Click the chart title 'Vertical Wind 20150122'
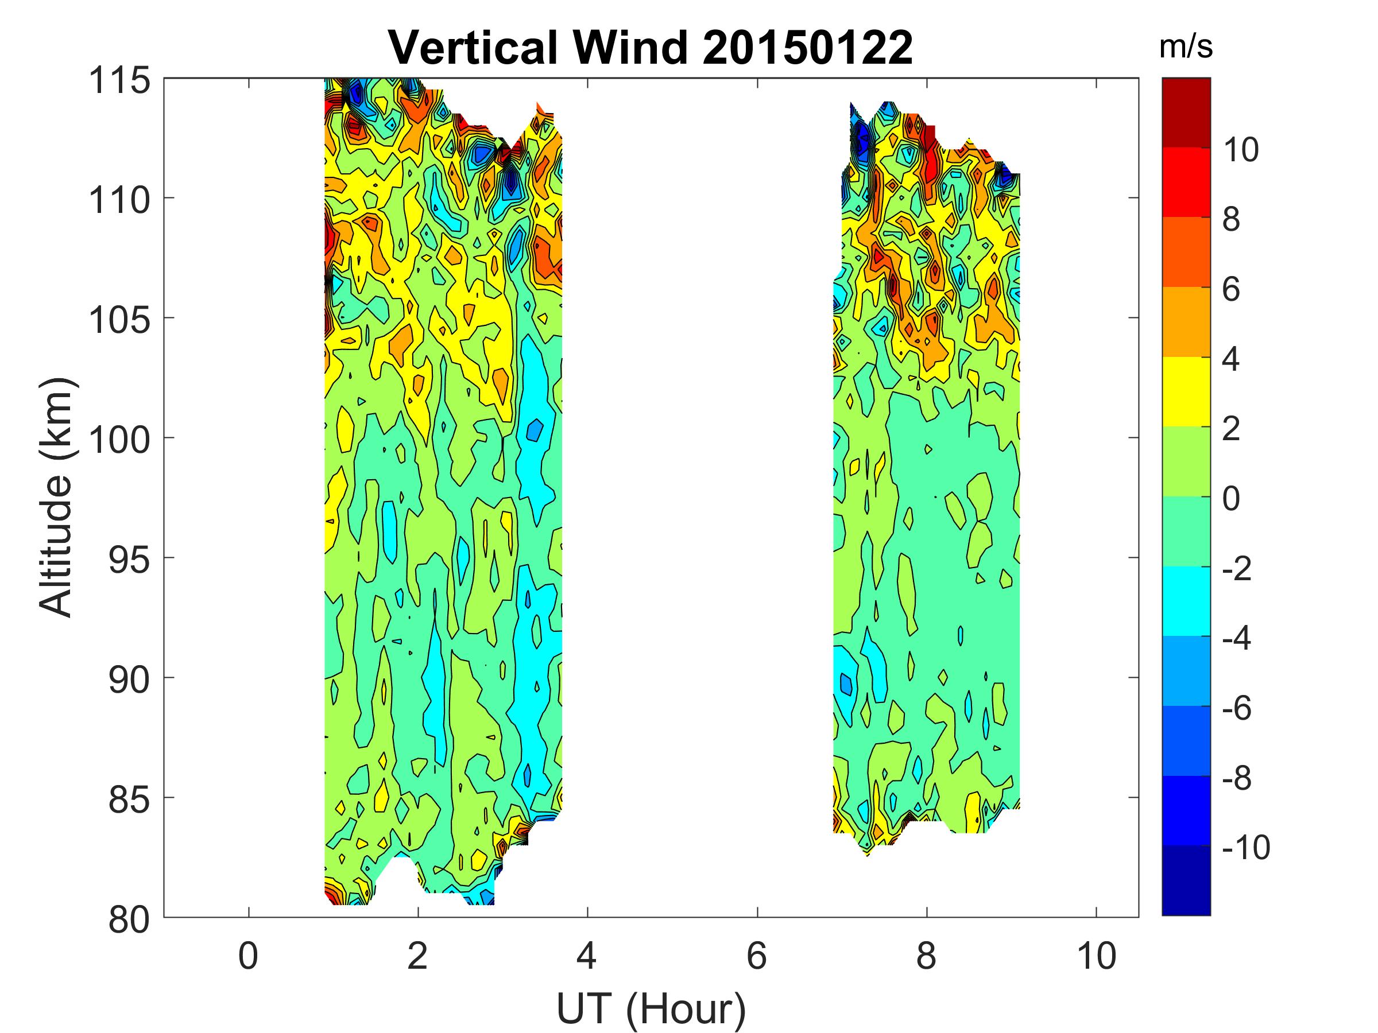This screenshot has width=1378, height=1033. coord(651,47)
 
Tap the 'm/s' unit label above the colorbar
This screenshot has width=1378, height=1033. coord(1186,47)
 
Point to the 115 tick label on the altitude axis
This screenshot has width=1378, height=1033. coord(119,81)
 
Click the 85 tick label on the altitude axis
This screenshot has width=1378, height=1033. coord(129,800)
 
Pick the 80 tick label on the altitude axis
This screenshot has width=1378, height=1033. coord(129,920)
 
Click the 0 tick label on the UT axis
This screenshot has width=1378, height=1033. coord(249,955)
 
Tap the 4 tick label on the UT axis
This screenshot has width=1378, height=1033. coord(587,955)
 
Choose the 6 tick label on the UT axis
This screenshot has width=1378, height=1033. coord(757,955)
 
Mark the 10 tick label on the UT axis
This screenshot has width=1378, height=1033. coord(1097,955)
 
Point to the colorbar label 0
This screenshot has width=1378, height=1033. coord(1231,499)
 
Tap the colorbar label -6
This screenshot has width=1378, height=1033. coord(1237,708)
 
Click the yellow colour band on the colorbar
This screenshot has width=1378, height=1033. coord(1186,391)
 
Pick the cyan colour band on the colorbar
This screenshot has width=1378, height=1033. coord(1186,601)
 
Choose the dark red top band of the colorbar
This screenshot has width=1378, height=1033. coord(1186,112)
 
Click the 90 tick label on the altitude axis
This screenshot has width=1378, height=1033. coord(129,681)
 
